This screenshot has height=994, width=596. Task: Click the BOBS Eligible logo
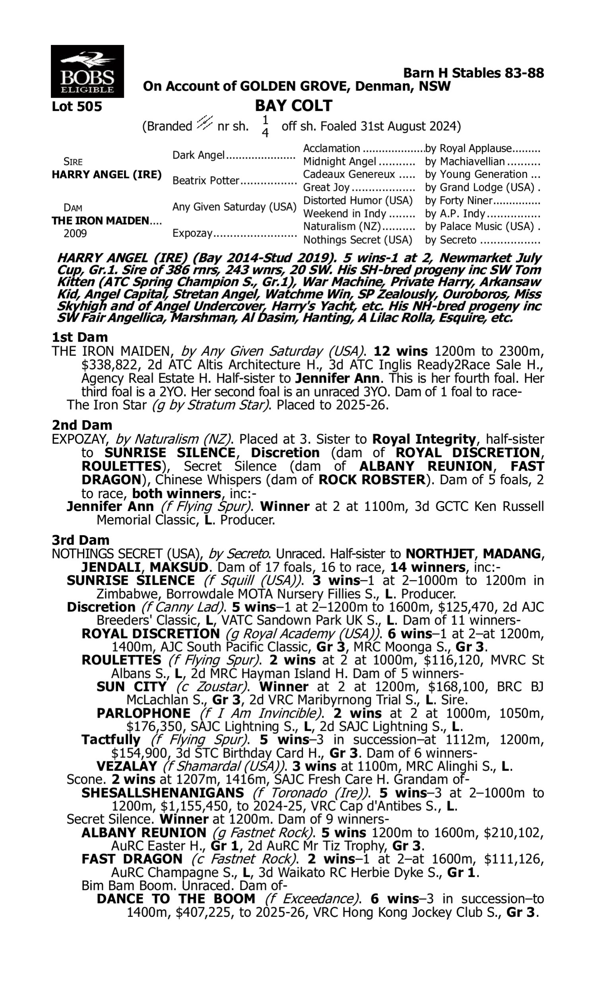click(87, 71)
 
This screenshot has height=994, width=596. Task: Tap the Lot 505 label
click(77, 107)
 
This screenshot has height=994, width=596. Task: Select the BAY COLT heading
click(294, 106)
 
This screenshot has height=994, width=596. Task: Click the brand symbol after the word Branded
click(205, 122)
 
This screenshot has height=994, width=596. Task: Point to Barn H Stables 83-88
click(474, 73)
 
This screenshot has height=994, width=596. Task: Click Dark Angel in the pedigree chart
click(198, 155)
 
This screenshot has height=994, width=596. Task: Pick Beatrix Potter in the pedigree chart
click(206, 181)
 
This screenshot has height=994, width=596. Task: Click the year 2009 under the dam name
click(75, 234)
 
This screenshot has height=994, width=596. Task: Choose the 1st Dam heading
click(80, 337)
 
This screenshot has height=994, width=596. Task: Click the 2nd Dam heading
click(82, 425)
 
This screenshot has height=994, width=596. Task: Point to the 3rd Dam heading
click(80, 540)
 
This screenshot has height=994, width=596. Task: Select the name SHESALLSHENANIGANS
click(163, 793)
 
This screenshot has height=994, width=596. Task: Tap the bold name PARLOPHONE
click(144, 713)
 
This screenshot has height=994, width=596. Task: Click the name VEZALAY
click(126, 766)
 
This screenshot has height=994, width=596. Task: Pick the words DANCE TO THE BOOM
click(176, 899)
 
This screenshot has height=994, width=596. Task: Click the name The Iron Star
click(106, 405)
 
